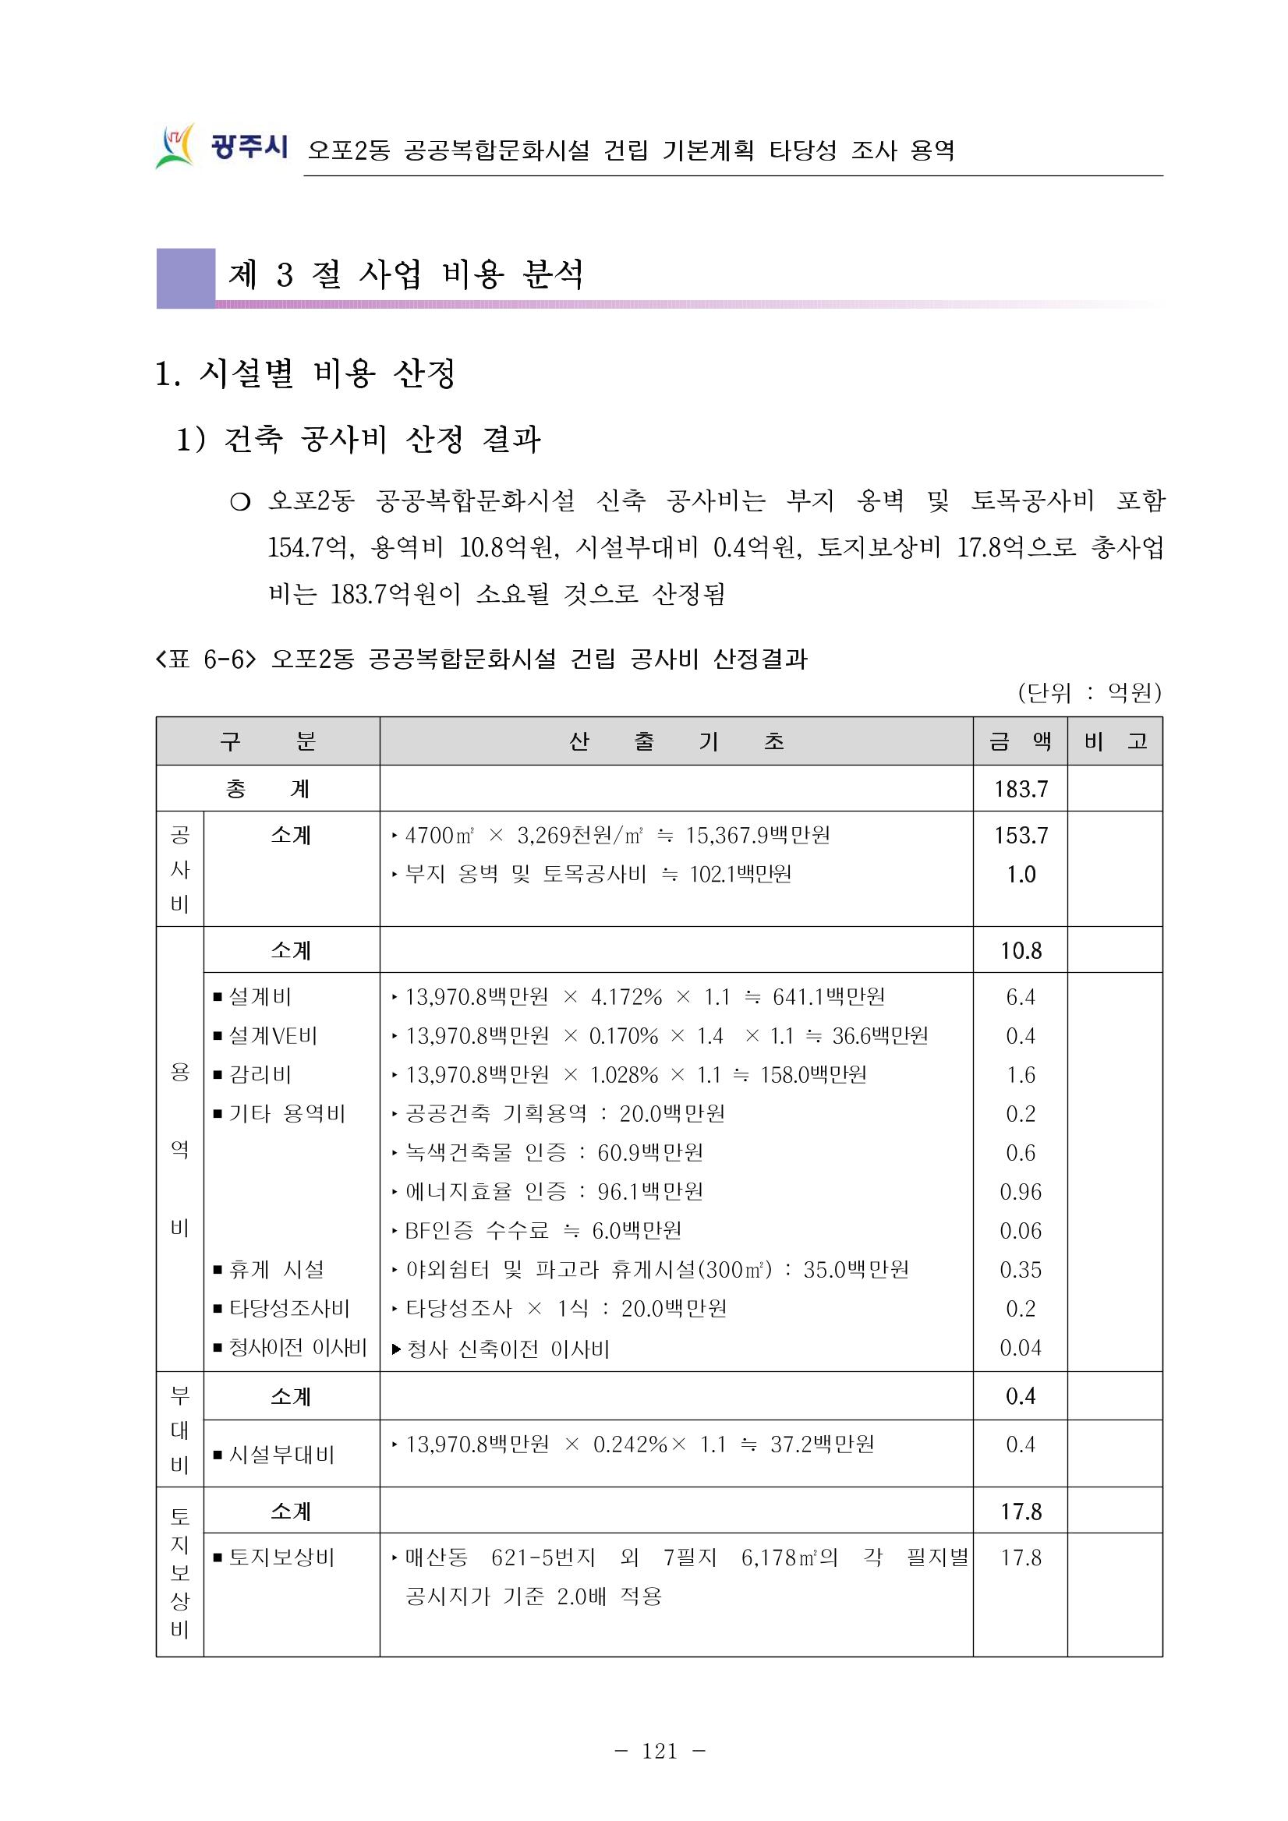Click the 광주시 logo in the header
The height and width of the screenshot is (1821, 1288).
tap(221, 147)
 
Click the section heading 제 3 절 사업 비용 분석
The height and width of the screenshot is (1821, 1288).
tap(405, 274)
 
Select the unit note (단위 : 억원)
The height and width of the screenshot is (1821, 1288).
tap(1089, 693)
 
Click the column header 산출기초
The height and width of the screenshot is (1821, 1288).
tap(676, 741)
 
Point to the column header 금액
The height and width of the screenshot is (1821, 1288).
tap(1020, 741)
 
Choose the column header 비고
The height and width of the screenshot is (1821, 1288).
tap(1115, 741)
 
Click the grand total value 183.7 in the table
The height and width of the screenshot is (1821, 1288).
tap(1021, 789)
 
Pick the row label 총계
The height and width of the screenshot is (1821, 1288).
tap(267, 789)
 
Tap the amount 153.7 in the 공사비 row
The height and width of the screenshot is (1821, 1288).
tap(1021, 835)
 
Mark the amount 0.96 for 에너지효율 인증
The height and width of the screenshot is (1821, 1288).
tap(1021, 1192)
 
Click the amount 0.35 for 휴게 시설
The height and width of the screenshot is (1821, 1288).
tap(1021, 1270)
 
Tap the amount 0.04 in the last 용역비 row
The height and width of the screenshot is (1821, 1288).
tap(1021, 1348)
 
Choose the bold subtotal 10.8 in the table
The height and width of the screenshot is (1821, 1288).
tap(1021, 950)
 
